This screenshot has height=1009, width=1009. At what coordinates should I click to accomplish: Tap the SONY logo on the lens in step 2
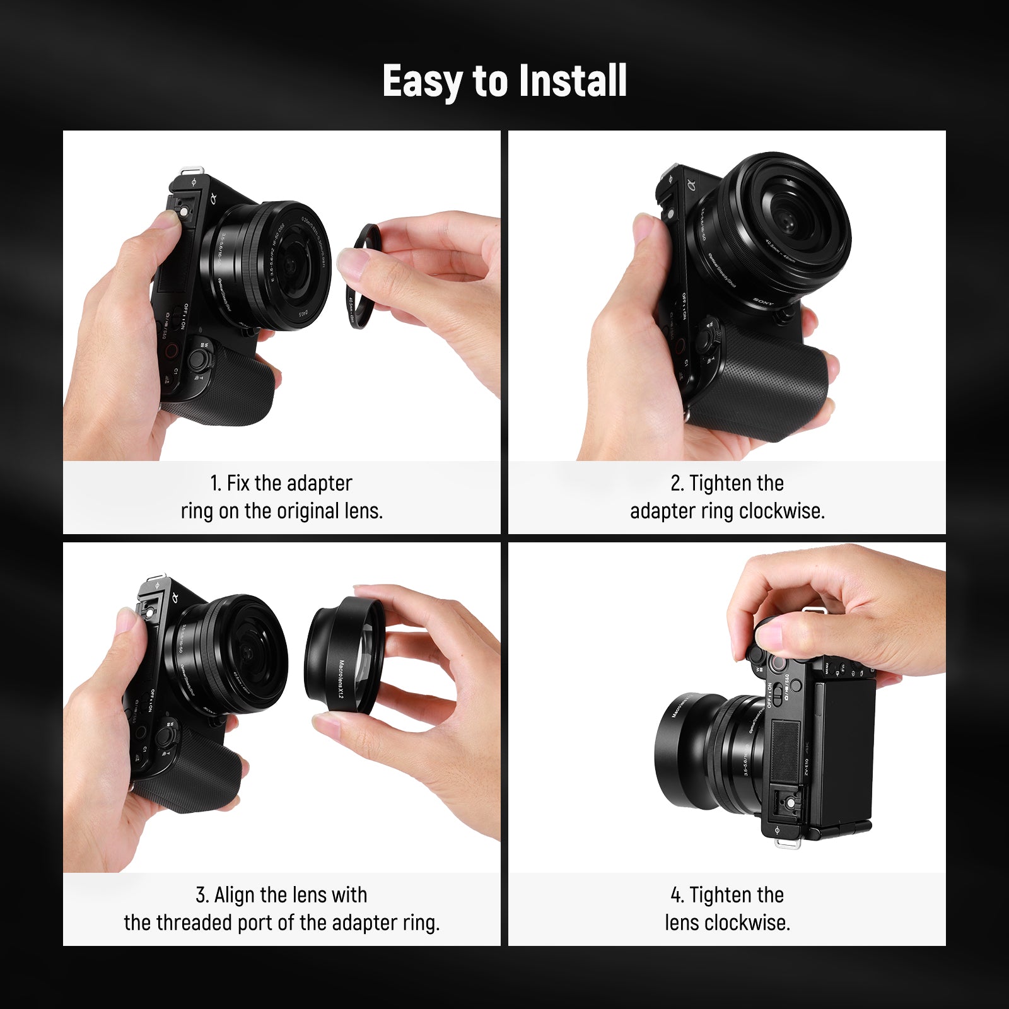763,301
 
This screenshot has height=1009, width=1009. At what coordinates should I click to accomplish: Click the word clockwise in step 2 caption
781,511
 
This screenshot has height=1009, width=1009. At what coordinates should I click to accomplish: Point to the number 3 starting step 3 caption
201,895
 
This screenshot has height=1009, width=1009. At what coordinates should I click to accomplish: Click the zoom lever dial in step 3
166,735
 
